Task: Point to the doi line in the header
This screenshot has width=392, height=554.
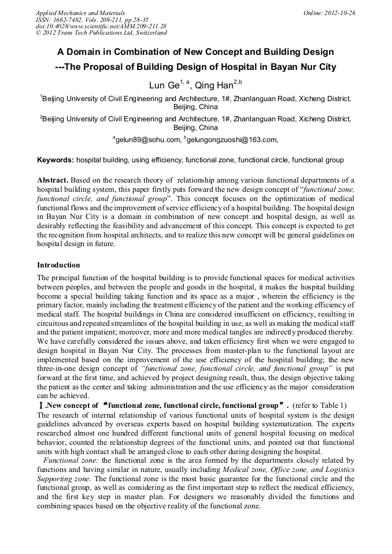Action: coord(101,27)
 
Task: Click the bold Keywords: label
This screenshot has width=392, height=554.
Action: coord(56,160)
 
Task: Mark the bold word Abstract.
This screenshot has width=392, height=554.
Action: coord(53,181)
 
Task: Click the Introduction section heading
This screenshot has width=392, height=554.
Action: coord(58,265)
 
